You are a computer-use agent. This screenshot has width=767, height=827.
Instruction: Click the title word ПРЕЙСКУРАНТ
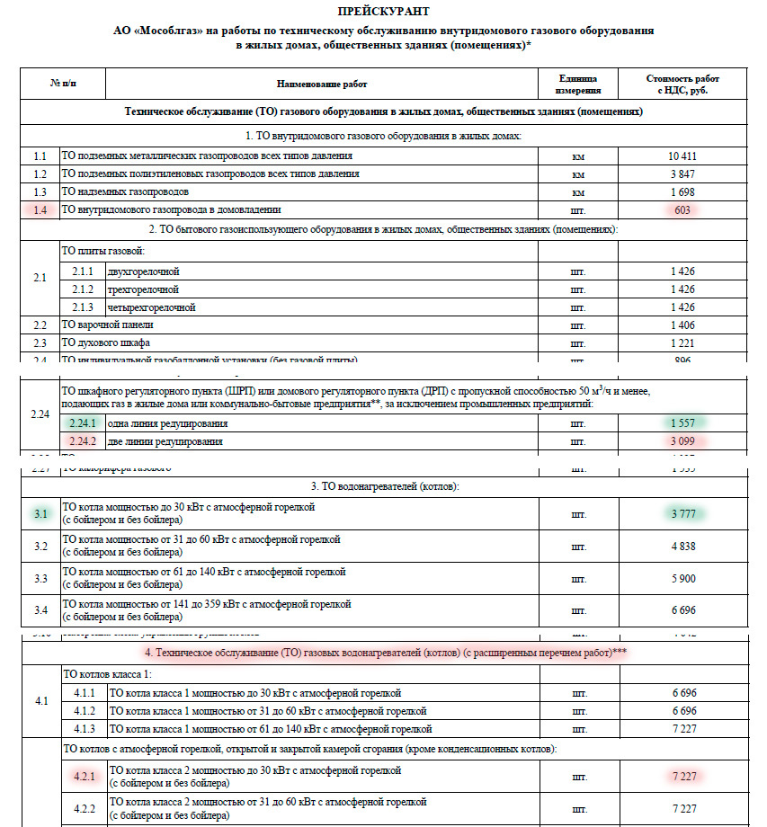click(383, 12)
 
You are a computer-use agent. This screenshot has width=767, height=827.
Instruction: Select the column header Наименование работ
click(322, 84)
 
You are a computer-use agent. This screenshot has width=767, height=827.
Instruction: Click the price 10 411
click(682, 156)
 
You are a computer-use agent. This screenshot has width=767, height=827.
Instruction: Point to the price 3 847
click(682, 174)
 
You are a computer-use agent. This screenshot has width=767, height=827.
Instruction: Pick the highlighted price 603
click(682, 210)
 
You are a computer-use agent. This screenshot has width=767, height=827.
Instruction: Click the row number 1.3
click(40, 192)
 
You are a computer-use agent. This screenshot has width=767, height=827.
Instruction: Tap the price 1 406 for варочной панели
click(682, 325)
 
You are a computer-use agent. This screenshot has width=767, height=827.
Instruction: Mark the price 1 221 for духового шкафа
click(682, 343)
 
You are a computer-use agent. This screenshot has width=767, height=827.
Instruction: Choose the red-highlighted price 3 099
click(682, 441)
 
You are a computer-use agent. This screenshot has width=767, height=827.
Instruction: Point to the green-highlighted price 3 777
click(682, 514)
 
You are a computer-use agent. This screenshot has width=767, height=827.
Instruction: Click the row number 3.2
click(40, 546)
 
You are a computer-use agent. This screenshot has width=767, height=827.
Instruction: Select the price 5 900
click(682, 578)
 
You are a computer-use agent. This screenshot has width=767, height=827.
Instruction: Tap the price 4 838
click(682, 546)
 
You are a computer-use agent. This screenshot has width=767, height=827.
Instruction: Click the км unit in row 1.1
click(578, 156)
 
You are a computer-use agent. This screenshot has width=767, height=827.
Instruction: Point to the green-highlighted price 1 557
click(682, 423)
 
